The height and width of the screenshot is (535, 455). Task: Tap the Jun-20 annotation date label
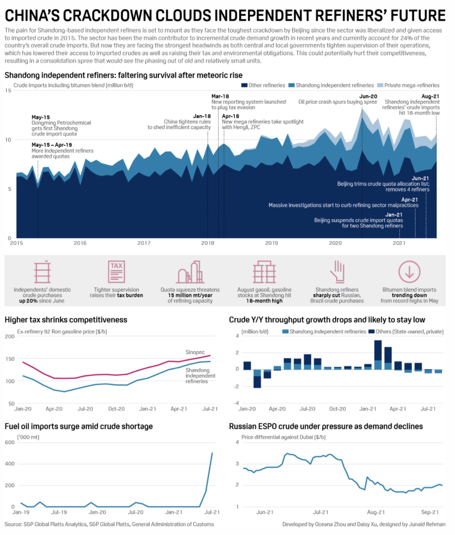point(368,96)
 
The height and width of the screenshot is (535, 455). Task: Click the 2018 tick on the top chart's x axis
point(208,243)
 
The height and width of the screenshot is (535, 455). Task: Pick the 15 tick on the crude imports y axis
point(8,90)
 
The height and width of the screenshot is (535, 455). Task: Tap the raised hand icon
point(337,272)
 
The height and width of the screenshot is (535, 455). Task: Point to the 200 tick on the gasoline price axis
point(9,336)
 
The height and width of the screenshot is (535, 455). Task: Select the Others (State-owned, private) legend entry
point(406,332)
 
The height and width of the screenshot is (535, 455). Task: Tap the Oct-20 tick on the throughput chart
point(337,409)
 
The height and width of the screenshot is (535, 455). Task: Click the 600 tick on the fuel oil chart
point(9,442)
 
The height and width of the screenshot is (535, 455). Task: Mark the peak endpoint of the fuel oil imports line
point(212,453)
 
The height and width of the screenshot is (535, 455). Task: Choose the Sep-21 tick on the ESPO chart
point(430,512)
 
